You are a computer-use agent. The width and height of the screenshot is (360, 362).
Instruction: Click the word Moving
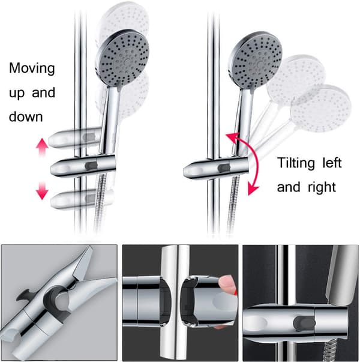[x=32, y=68]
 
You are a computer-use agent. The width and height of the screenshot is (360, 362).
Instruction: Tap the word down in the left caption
[x=26, y=116]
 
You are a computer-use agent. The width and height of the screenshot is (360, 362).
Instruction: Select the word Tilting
[x=296, y=163]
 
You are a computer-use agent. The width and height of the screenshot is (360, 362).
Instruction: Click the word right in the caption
[x=322, y=187]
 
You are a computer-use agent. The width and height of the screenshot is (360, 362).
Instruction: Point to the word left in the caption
[x=332, y=163]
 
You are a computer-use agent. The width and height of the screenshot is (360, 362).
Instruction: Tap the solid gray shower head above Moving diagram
[x=122, y=58]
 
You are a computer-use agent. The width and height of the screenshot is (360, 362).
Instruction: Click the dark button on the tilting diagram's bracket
[x=224, y=168]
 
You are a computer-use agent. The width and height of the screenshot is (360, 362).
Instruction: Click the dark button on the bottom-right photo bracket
[x=304, y=322]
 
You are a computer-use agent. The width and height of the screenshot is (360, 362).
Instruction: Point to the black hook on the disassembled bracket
[x=25, y=295]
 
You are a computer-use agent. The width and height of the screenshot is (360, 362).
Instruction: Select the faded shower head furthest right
[x=321, y=109]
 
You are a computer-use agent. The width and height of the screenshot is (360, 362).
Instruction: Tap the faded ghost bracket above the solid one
[x=75, y=138]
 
